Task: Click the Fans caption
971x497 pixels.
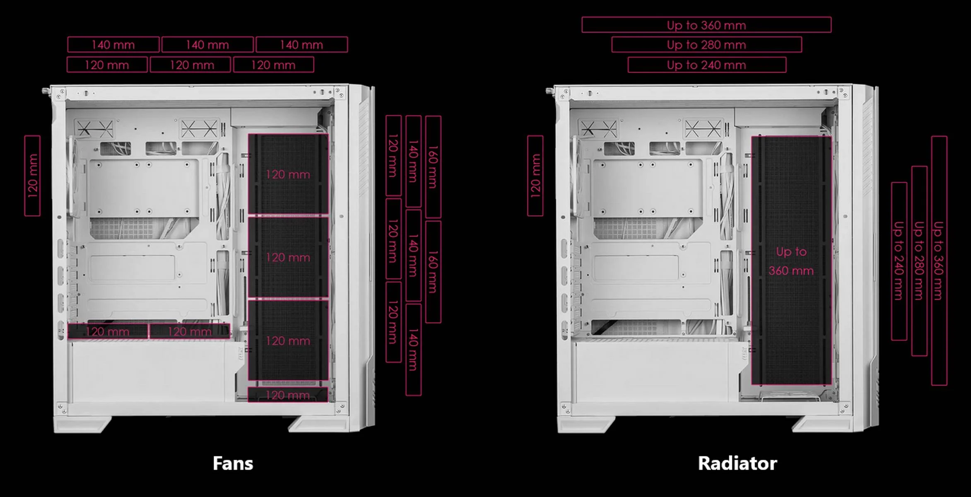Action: pyautogui.click(x=233, y=463)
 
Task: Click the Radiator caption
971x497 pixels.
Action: pyautogui.click(x=737, y=463)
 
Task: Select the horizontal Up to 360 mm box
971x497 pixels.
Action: pyautogui.click(x=706, y=25)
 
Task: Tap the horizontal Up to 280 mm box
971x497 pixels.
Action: pyautogui.click(x=706, y=45)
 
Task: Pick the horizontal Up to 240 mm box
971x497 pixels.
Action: pyautogui.click(x=706, y=65)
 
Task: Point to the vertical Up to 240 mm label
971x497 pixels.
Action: pyautogui.click(x=899, y=261)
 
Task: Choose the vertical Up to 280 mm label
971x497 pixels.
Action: pyautogui.click(x=919, y=261)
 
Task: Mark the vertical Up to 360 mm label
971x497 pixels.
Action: pyautogui.click(x=939, y=261)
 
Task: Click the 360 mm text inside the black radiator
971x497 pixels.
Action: pyautogui.click(x=791, y=271)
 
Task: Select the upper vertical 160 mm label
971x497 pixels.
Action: pyautogui.click(x=433, y=167)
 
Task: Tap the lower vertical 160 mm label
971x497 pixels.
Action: pyautogui.click(x=433, y=272)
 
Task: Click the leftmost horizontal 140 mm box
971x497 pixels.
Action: pyautogui.click(x=113, y=45)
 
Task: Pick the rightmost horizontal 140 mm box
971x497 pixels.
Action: pyautogui.click(x=301, y=45)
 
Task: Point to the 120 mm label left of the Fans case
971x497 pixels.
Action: pyautogui.click(x=32, y=176)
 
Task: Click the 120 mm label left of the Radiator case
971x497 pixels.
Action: pyautogui.click(x=535, y=176)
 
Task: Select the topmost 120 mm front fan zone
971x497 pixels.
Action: pyautogui.click(x=288, y=174)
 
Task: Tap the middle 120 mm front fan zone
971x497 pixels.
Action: pyautogui.click(x=288, y=257)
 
